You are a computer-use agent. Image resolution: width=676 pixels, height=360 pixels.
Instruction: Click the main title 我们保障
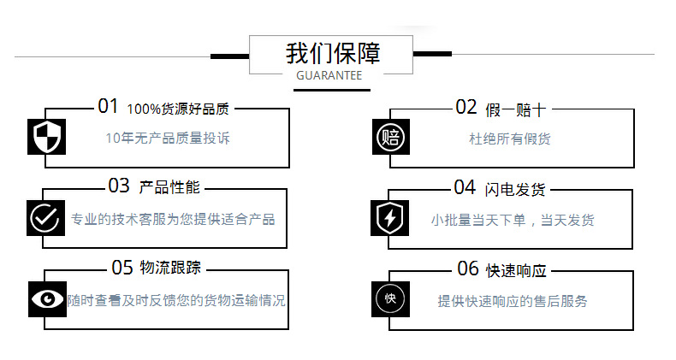(333, 53)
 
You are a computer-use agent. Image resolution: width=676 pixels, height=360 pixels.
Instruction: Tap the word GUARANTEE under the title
(329, 76)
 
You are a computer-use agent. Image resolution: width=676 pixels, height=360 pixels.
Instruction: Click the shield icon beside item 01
(47, 137)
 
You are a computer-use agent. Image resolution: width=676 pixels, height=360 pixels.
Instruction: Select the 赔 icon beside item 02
(390, 137)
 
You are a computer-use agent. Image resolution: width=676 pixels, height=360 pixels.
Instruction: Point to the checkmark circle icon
(44, 217)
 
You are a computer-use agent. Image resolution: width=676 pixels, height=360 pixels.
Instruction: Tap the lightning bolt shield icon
(389, 218)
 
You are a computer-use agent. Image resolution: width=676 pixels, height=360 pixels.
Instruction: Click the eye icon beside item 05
(47, 298)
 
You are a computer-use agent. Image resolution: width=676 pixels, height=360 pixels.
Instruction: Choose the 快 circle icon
(390, 299)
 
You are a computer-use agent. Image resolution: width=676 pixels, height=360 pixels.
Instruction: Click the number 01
(108, 107)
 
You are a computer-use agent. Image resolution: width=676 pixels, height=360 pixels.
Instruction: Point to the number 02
(465, 107)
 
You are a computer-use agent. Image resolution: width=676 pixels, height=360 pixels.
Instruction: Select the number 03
(118, 186)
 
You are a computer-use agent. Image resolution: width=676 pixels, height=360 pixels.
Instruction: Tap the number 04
(465, 187)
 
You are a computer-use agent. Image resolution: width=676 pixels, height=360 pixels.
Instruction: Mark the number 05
(122, 268)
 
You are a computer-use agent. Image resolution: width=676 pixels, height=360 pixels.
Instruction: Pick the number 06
(468, 269)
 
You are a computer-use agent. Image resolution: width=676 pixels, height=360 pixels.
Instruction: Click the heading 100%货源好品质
(178, 109)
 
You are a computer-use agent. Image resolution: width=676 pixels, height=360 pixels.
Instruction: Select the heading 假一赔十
(515, 109)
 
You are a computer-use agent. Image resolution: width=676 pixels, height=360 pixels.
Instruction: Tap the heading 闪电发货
(515, 188)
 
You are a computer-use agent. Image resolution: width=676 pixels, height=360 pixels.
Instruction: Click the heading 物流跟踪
(170, 269)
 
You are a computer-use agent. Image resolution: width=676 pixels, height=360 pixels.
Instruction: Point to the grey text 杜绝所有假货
(510, 138)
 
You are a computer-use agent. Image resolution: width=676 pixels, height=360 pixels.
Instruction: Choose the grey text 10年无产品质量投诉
(168, 138)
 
